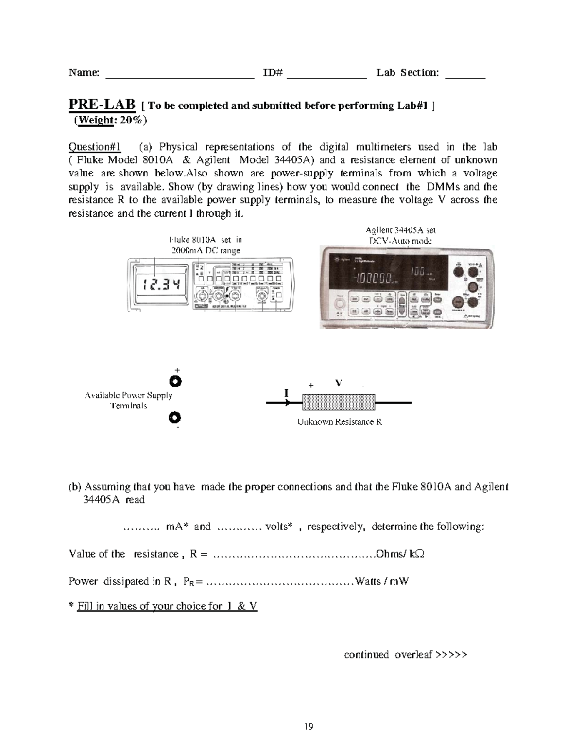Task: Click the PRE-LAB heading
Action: coord(102,105)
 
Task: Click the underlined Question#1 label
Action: coord(95,147)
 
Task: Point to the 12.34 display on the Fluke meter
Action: coord(158,285)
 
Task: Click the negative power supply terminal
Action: coord(175,418)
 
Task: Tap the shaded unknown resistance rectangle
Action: coord(339,403)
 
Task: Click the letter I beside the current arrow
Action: coord(286,392)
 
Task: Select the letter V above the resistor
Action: coord(338,383)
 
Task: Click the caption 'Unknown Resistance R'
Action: coord(340,422)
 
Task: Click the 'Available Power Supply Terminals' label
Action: coord(129,401)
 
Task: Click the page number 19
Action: coord(309,727)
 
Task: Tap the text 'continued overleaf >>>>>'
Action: coord(405,655)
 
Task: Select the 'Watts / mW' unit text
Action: coord(381,581)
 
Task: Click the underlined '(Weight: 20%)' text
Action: coord(110,120)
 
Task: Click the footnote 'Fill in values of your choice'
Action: coord(167,606)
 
